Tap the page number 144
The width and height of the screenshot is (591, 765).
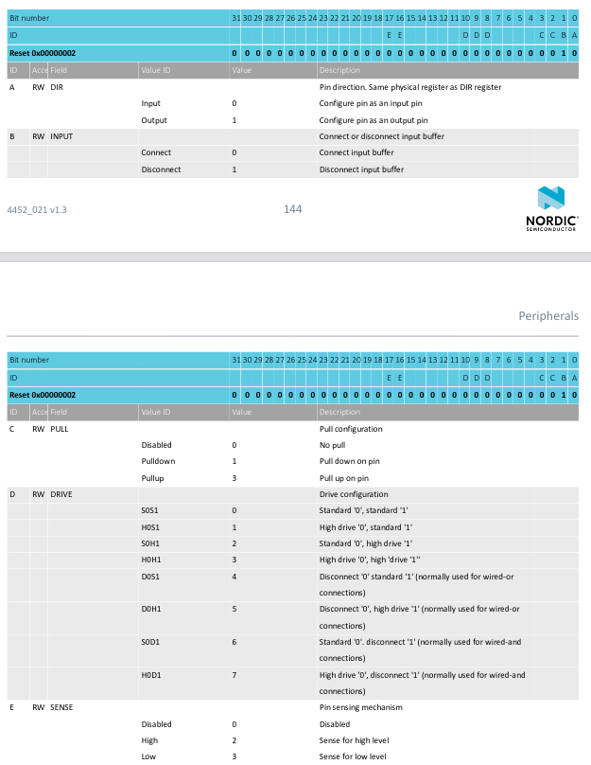[x=292, y=209]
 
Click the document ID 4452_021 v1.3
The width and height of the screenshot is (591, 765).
[x=37, y=209]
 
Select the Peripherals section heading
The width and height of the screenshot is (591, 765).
[x=548, y=315]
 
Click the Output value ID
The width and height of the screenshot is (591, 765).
[x=153, y=120]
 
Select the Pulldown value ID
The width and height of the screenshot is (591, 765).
[x=158, y=461]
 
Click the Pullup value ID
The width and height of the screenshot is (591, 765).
[x=153, y=477]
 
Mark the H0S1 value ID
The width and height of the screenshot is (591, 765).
[x=150, y=526]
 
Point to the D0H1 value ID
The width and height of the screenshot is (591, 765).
[x=150, y=609]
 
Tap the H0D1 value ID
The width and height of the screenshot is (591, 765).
[x=150, y=674]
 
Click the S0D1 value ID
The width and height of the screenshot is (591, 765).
[x=150, y=642]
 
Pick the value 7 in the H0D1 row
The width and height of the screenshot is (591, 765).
[x=234, y=674]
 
